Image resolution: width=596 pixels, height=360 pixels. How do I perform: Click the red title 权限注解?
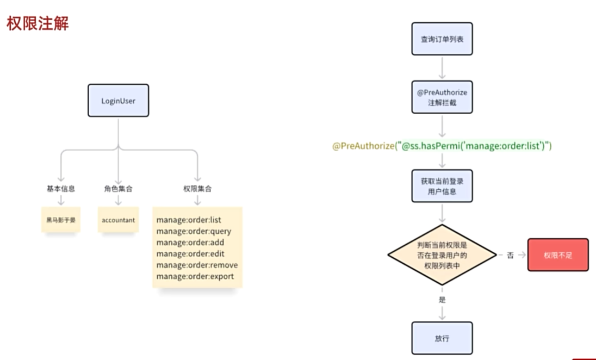(x=38, y=24)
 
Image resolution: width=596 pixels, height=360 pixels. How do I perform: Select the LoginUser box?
(x=118, y=101)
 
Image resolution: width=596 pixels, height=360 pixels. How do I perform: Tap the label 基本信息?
(x=60, y=189)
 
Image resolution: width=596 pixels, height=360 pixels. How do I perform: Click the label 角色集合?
(x=118, y=189)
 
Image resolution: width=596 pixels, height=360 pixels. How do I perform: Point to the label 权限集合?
(x=197, y=189)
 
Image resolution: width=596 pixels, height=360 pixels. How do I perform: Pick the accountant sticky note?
(x=118, y=220)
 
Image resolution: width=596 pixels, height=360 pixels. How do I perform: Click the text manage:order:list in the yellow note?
(x=188, y=220)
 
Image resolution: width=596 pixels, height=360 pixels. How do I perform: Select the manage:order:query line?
(x=194, y=231)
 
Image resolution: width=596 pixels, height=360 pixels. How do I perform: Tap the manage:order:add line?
(x=190, y=243)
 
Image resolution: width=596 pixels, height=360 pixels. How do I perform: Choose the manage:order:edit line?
(x=190, y=254)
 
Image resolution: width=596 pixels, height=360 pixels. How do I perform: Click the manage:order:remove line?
(x=197, y=265)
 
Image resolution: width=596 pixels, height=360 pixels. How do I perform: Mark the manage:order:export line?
(x=195, y=277)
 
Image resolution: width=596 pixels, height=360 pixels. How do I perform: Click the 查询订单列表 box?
(x=442, y=39)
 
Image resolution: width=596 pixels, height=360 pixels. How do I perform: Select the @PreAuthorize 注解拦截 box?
(x=442, y=97)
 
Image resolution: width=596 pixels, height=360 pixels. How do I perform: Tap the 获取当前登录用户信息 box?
(x=442, y=186)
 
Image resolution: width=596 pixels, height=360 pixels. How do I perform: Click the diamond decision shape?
(x=442, y=255)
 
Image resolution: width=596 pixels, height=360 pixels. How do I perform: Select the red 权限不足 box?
(x=557, y=255)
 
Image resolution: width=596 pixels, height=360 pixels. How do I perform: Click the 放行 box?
(x=442, y=338)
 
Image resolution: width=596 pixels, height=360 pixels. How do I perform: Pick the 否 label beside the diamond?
(x=510, y=255)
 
